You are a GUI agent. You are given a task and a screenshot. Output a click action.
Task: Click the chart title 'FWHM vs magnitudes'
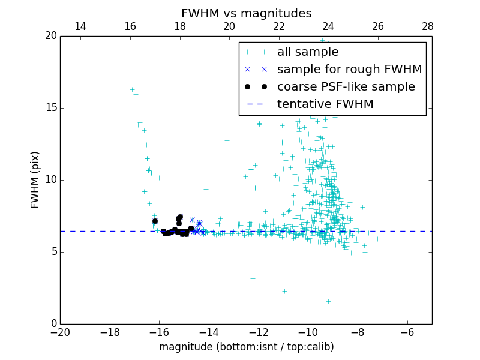coord(246,13)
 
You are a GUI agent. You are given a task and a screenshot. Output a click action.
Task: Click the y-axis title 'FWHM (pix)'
coord(35,179)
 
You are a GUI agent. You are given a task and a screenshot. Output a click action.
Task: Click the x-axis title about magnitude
coord(246,347)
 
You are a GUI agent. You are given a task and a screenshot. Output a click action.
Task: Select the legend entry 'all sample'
coord(308,52)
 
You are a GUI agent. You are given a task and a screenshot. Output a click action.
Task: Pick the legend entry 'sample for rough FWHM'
coord(349,69)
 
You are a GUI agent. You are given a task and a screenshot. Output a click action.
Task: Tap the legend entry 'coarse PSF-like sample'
coord(346,86)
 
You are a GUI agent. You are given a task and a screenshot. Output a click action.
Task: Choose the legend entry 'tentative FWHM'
coord(325,104)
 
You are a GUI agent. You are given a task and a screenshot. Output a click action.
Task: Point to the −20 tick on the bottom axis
coord(60,332)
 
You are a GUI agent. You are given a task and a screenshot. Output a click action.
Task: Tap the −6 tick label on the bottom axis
coord(407,332)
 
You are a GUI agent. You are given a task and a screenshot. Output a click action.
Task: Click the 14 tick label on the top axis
coord(80,26)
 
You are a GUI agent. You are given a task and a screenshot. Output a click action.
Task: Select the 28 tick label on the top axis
coord(427,26)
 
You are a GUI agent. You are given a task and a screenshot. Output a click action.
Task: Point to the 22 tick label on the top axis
coord(278,26)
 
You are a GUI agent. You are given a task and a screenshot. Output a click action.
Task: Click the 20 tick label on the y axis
coord(50,36)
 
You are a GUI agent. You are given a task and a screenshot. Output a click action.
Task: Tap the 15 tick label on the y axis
coord(50,108)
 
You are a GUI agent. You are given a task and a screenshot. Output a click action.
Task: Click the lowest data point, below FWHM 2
coord(328,301)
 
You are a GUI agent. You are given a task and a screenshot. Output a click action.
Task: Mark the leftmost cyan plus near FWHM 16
coord(132,89)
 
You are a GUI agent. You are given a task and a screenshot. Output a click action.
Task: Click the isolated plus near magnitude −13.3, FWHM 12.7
coord(227,140)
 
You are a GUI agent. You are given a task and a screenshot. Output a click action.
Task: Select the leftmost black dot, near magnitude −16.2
coord(155,221)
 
